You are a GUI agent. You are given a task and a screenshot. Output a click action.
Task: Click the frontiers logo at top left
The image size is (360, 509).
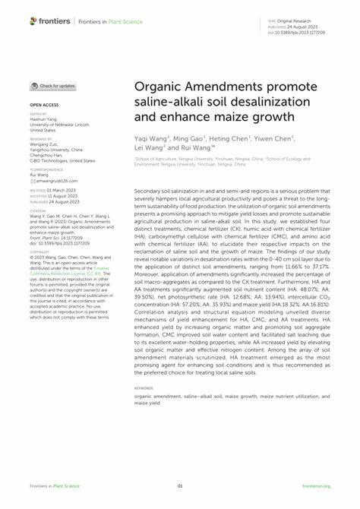tap(52, 21)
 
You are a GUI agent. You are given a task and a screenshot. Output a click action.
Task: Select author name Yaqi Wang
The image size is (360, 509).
tap(153, 139)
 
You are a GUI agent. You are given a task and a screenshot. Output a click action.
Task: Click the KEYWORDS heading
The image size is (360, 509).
tap(144, 387)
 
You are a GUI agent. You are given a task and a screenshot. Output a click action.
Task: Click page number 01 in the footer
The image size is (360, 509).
tap(180, 486)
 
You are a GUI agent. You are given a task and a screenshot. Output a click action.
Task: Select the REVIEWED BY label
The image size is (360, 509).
tap(41, 140)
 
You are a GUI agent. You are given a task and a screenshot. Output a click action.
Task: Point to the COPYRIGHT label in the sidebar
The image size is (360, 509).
tap(39, 231)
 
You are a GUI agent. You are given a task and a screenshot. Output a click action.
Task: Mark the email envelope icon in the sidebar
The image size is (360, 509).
tap(32, 181)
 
